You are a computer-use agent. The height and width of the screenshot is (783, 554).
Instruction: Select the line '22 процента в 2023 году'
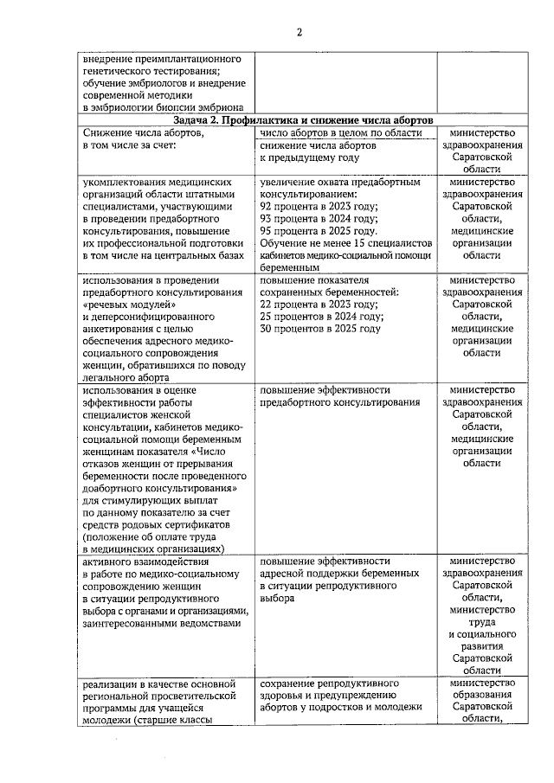click(x=319, y=305)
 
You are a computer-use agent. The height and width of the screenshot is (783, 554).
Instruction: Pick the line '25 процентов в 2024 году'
click(x=321, y=317)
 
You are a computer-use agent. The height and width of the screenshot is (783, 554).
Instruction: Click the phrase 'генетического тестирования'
click(x=151, y=71)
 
